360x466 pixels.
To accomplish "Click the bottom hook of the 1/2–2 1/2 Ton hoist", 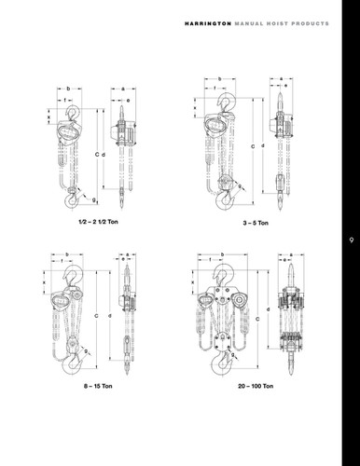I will pos(72,199).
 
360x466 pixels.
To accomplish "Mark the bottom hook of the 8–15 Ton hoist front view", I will pos(71,365).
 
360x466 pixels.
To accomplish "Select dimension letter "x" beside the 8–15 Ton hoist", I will pos(44,278).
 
